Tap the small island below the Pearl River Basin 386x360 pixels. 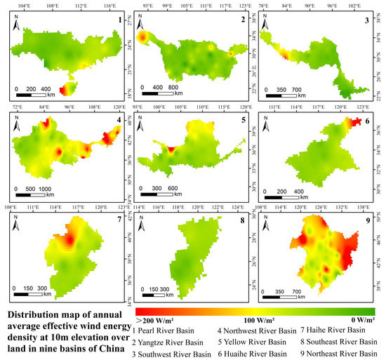point(67,88)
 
